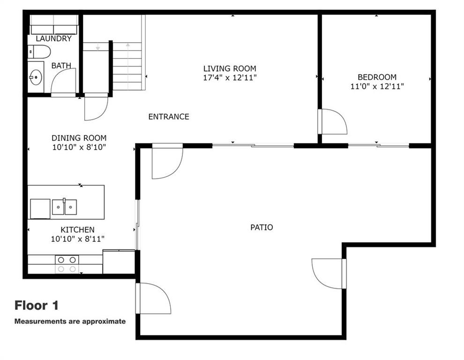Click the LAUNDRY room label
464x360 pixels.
tap(53, 38)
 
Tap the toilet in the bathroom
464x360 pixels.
tap(39, 52)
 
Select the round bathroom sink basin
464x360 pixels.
tap(36, 77)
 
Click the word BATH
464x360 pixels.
tap(61, 66)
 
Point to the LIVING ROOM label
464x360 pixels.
tap(230, 69)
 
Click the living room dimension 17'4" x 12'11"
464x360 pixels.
tap(230, 78)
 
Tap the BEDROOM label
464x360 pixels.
tap(377, 77)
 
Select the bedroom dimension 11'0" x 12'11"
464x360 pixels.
tap(377, 86)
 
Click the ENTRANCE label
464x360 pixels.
tap(169, 117)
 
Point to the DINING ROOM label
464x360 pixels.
tap(79, 138)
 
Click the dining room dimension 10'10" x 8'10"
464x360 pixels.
tap(79, 147)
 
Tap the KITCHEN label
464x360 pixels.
tap(77, 230)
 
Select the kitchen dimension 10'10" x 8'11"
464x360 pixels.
tap(77, 239)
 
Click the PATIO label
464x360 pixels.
tap(262, 227)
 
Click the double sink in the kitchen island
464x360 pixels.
tap(65, 207)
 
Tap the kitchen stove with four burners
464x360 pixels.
tap(67, 264)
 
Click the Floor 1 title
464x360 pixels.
tap(37, 305)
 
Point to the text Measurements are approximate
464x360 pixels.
tap(70, 322)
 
